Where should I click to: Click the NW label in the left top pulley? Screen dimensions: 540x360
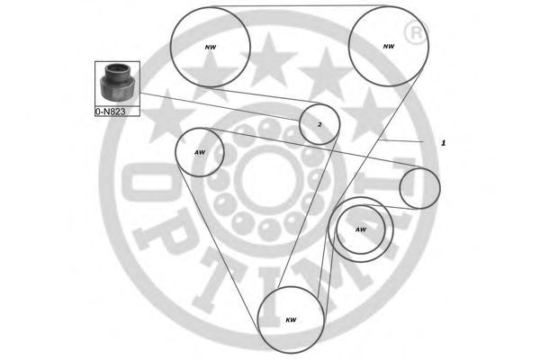coord(211,47)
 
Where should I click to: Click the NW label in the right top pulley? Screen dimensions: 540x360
coord(389,47)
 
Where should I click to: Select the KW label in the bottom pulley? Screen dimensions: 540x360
coord(291,320)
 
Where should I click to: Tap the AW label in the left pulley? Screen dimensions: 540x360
coord(200,152)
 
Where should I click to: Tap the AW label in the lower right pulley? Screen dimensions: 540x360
coord(361,229)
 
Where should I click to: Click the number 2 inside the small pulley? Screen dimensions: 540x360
coord(319,125)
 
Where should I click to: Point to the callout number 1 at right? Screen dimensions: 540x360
coord(444,142)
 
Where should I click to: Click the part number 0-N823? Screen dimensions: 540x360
coord(110,112)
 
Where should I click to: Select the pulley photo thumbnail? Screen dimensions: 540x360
coord(117,85)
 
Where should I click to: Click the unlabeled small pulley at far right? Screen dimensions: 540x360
coord(419,188)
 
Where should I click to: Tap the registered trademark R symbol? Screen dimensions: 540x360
coord(416,33)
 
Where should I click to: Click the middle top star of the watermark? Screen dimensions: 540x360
coord(269,60)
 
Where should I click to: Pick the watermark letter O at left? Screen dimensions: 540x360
coord(148,182)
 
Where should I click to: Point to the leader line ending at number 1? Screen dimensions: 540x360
coord(400,141)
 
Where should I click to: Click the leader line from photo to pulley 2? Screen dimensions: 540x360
coord(220,106)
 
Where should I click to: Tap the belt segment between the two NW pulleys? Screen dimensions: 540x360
coord(300,6)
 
